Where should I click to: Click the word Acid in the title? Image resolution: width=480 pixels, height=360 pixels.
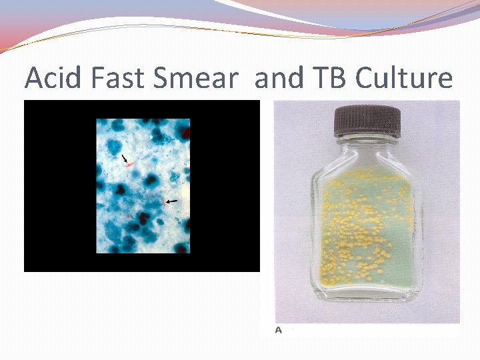coord(52,79)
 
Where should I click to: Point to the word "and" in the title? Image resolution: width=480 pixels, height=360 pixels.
coord(279,79)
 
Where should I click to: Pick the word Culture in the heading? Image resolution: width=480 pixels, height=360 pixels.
coord(404,79)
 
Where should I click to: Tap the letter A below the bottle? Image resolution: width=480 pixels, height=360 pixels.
coord(278,329)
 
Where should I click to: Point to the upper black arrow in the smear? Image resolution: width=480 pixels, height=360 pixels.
coord(124,157)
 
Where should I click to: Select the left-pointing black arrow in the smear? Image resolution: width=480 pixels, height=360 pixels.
coord(172,201)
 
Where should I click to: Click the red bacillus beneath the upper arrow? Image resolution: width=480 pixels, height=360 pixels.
coord(129,163)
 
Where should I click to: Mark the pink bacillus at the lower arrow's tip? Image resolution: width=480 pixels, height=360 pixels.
coord(164,202)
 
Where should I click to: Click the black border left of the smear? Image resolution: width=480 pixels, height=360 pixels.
coord(60,187)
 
